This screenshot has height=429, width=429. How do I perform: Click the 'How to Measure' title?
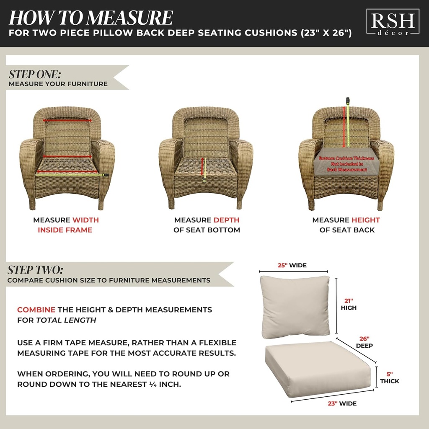click(x=90, y=18)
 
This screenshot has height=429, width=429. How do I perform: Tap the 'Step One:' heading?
click(x=35, y=74)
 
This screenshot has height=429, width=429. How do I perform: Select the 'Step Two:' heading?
click(x=36, y=269)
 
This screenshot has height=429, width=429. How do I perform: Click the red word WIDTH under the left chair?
click(x=85, y=220)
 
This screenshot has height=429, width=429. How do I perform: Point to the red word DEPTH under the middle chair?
click(x=226, y=220)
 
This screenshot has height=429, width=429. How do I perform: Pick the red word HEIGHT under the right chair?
click(x=365, y=220)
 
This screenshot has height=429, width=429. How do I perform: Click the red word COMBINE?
click(x=36, y=310)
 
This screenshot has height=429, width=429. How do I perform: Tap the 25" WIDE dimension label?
click(x=292, y=265)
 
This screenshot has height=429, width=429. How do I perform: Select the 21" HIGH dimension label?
click(x=349, y=304)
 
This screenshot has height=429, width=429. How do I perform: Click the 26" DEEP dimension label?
click(x=364, y=342)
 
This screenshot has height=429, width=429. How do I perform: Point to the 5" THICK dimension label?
click(x=389, y=377)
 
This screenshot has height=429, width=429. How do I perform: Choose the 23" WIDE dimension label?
click(x=342, y=403)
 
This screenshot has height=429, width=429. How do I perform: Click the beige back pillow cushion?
click(x=295, y=307)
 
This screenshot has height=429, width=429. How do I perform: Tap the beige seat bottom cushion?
click(x=318, y=368)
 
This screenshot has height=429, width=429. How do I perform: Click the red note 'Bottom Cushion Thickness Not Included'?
click(x=343, y=164)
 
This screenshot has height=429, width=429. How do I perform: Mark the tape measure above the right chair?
click(x=347, y=101)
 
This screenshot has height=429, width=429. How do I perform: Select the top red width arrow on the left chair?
click(x=67, y=119)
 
